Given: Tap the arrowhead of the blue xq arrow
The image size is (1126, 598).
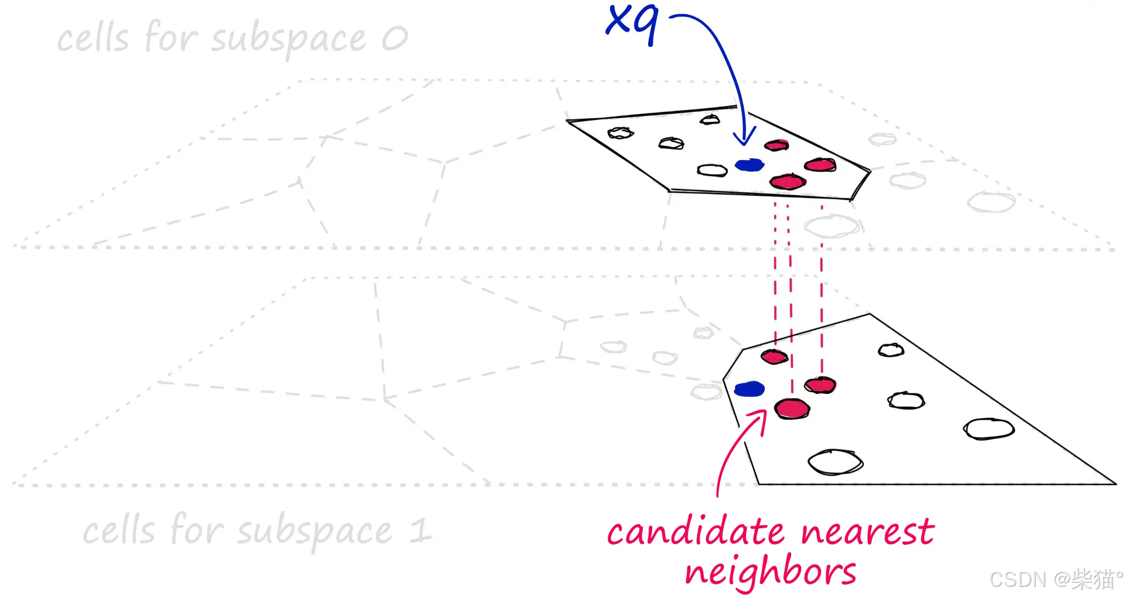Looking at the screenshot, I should coord(744,140).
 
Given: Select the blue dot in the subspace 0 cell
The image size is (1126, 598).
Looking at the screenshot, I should coord(749,165).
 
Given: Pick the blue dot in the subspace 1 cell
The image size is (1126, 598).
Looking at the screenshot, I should coord(749,389).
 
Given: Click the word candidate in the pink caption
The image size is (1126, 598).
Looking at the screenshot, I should coord(696,532).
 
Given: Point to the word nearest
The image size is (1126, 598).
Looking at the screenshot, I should coord(868,532).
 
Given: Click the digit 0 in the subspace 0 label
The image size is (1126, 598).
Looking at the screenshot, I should coord(395,39).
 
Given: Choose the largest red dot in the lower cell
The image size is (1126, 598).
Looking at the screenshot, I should coord(792,409).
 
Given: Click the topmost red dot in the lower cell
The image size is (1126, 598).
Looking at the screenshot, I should coord(774,356).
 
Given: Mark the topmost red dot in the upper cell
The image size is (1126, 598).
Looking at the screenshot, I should coord(776,145).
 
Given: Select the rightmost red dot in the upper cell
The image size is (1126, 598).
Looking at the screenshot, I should coord(820,165).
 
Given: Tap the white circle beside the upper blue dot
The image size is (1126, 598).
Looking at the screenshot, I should coord(712,170).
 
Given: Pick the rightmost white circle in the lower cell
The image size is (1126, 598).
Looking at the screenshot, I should coord(989,429).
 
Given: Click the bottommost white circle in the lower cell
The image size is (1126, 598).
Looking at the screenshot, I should coord(836,462).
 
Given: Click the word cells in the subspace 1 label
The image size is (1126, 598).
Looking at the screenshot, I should coord(119,531).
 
